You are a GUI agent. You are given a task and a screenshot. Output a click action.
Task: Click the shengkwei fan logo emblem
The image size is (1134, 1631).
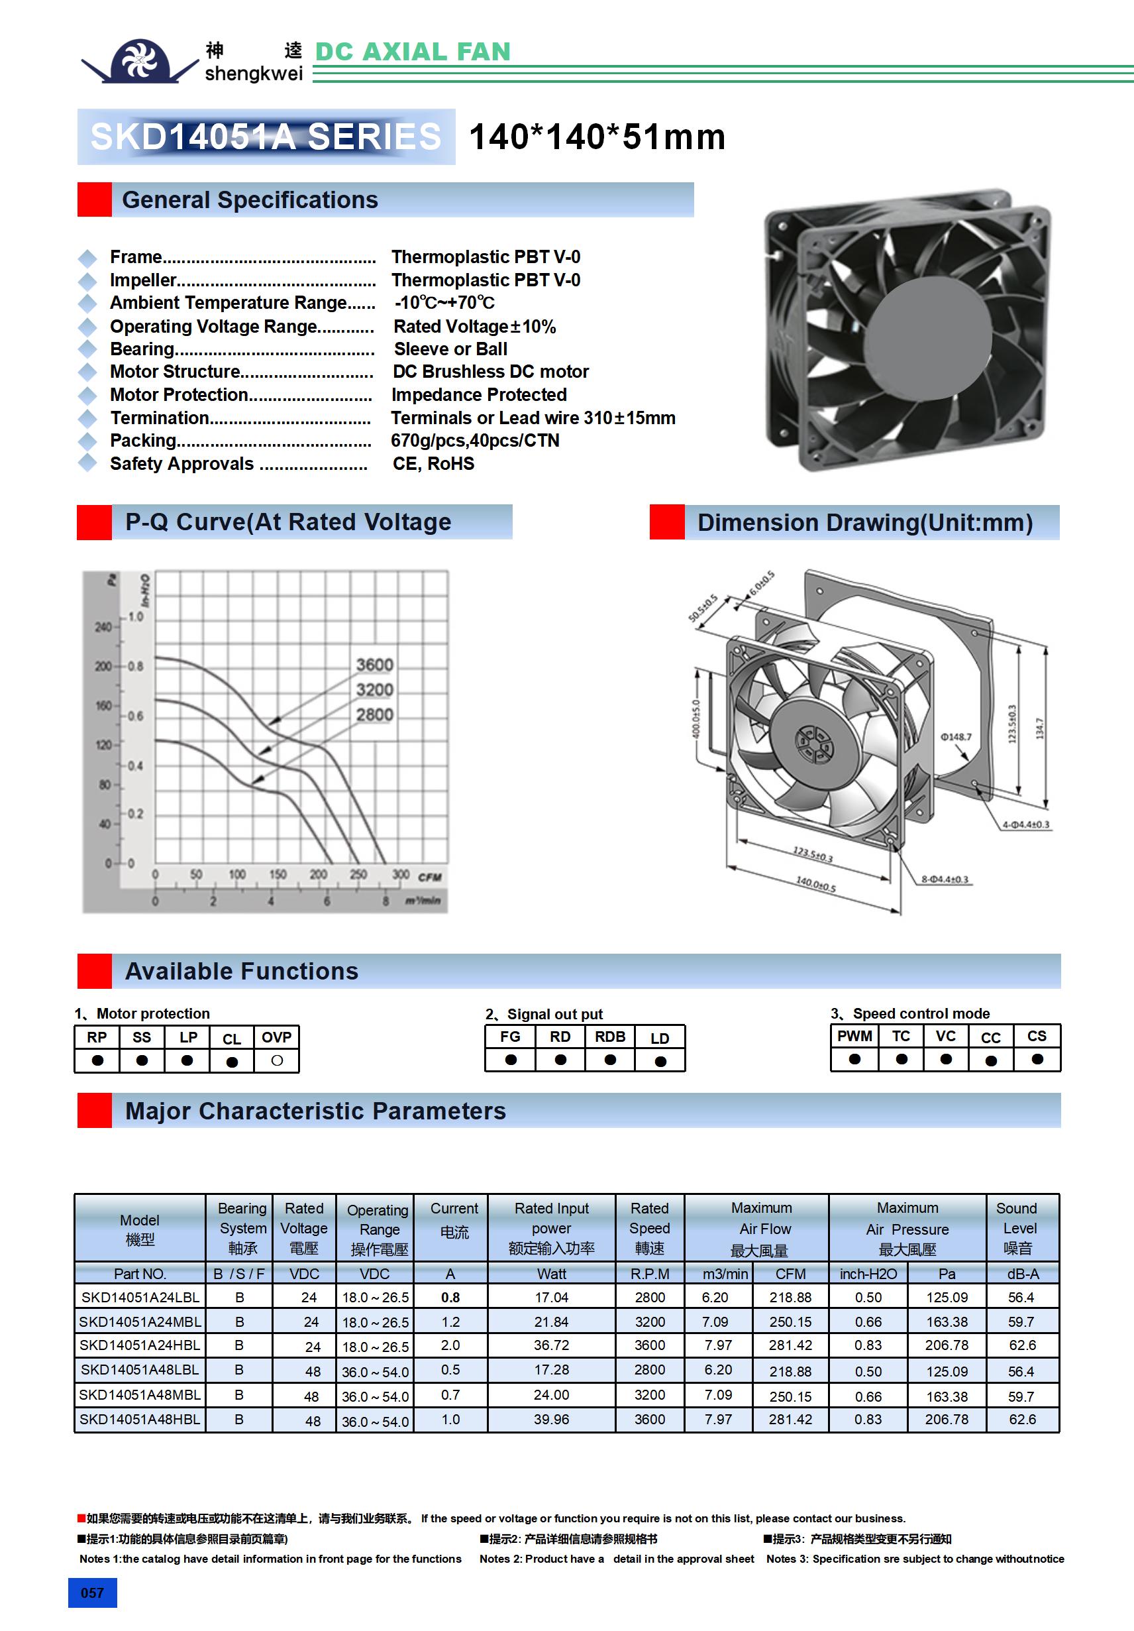[x=139, y=60]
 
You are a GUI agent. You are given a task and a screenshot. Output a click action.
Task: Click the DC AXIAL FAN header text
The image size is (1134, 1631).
[x=412, y=51]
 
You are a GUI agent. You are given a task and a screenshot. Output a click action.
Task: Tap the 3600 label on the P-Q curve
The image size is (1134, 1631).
[x=374, y=665]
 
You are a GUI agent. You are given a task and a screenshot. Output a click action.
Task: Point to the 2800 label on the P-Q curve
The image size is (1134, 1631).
[x=374, y=714]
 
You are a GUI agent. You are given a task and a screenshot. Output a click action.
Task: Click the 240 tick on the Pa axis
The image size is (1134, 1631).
[x=103, y=626]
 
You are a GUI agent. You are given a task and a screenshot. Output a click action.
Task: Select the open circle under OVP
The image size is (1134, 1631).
[x=277, y=1060]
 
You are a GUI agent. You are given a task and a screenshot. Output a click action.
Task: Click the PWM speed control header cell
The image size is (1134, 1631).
[x=854, y=1037]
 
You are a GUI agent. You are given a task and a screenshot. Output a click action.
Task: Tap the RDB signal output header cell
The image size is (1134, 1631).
[x=610, y=1037]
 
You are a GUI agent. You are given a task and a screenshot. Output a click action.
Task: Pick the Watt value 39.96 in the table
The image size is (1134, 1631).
[x=551, y=1420]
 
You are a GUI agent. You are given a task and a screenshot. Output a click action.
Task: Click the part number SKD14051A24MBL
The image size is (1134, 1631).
[x=140, y=1322]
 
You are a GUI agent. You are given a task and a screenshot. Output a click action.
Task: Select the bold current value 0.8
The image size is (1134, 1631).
[x=450, y=1297]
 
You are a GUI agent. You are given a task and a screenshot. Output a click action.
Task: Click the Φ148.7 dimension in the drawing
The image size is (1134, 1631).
[x=956, y=737]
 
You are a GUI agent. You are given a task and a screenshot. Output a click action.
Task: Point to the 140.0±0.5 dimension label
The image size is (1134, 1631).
[x=815, y=884]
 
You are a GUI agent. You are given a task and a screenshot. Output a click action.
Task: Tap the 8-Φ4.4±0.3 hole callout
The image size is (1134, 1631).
[x=945, y=879]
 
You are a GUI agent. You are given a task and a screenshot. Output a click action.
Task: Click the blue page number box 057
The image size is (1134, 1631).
[x=92, y=1593]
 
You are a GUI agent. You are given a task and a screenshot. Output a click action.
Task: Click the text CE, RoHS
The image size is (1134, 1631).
[x=433, y=464]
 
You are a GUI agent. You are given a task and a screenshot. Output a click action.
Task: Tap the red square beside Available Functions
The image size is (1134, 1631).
[x=95, y=971]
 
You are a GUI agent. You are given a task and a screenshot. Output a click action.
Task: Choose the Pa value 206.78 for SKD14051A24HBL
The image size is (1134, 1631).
[x=947, y=1345]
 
